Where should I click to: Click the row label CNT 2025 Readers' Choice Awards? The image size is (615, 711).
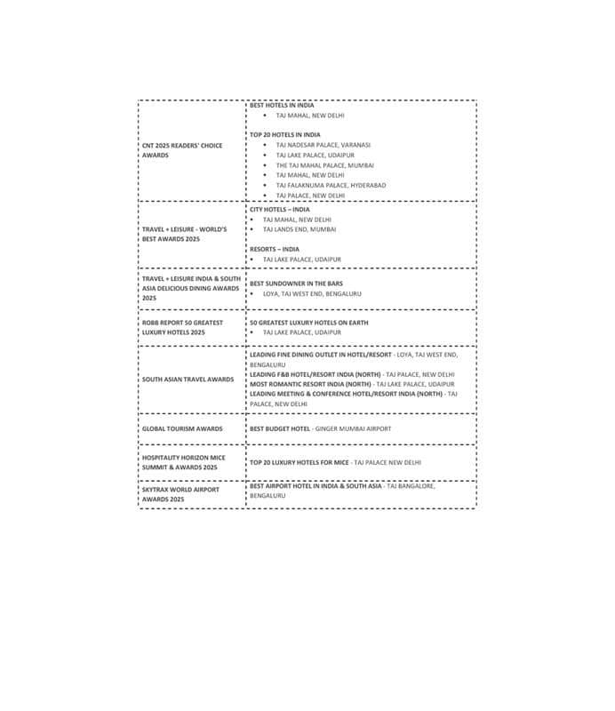(182, 150)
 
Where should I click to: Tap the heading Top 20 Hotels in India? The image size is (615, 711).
(285, 135)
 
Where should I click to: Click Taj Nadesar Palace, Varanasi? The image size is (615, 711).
(323, 145)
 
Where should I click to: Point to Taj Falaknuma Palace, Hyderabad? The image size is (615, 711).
(331, 185)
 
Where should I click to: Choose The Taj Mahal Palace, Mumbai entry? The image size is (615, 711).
(324, 165)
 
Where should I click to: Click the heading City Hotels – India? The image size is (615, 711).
(280, 210)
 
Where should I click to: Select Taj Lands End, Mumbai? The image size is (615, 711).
(300, 229)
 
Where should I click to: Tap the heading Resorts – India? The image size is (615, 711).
(275, 250)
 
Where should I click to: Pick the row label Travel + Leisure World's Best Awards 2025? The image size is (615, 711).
(184, 235)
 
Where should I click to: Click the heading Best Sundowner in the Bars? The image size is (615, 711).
(296, 284)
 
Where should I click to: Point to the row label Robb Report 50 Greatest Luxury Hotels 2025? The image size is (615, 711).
(182, 327)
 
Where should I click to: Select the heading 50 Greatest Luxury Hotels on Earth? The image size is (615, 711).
(308, 323)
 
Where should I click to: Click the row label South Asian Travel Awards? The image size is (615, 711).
(188, 379)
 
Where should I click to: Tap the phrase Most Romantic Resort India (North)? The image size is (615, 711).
(310, 384)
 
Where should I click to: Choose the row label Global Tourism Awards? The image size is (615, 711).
(182, 428)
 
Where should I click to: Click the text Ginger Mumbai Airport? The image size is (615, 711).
(353, 428)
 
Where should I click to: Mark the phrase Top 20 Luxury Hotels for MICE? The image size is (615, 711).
(300, 462)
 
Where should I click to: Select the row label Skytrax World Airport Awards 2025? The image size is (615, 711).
(180, 494)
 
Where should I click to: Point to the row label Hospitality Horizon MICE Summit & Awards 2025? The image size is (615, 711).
(184, 462)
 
